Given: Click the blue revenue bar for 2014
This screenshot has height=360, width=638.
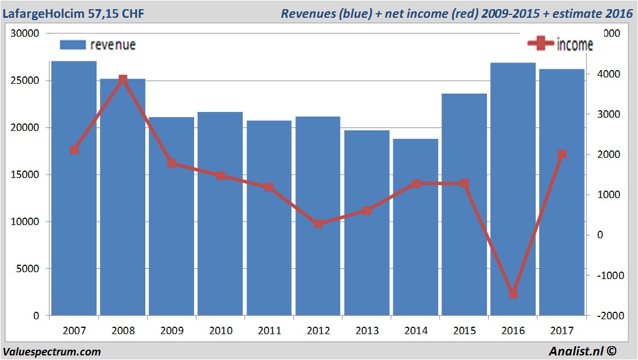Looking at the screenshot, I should [416, 230].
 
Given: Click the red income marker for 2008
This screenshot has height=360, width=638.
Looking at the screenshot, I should [123, 80].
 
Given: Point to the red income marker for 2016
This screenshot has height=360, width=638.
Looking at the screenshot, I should [513, 293].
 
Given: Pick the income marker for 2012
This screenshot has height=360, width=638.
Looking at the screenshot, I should [318, 223].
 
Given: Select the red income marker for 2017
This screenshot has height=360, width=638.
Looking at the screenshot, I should [562, 154].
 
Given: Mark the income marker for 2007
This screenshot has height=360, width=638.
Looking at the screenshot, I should [74, 150].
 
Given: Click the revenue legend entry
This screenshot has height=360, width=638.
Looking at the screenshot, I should [98, 45].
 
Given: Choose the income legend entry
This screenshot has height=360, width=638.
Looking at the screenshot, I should [560, 44].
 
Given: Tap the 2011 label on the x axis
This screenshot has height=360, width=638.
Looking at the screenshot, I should [269, 331].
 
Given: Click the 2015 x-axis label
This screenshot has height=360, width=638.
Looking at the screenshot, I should [465, 331].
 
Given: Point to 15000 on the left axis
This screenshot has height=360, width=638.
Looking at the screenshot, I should [27, 175].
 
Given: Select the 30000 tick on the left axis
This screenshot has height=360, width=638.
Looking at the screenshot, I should [27, 33].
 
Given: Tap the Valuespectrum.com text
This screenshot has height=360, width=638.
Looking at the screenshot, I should [52, 351].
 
